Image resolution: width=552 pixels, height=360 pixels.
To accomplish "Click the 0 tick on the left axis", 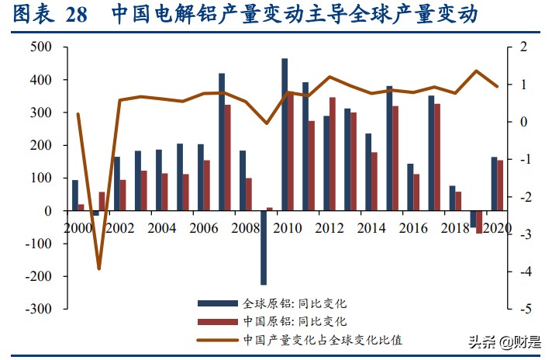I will (x=48, y=211).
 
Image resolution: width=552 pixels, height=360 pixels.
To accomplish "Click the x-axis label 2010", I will (x=287, y=229).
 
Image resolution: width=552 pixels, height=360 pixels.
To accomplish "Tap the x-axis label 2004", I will (x=161, y=229).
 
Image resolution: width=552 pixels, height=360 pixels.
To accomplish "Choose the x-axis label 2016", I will (x=413, y=229).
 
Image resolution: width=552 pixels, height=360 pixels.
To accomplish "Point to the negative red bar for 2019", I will (x=479, y=221).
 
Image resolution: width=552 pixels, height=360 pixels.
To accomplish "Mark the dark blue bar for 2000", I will (x=75, y=196).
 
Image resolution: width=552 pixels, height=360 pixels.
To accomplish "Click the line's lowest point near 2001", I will (x=99, y=268).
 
